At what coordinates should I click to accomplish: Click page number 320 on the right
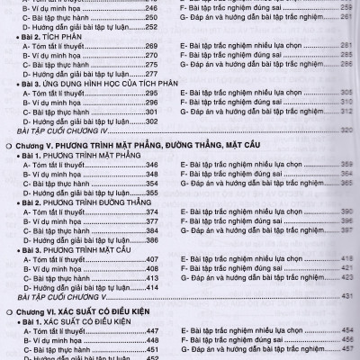tap(347, 130)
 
